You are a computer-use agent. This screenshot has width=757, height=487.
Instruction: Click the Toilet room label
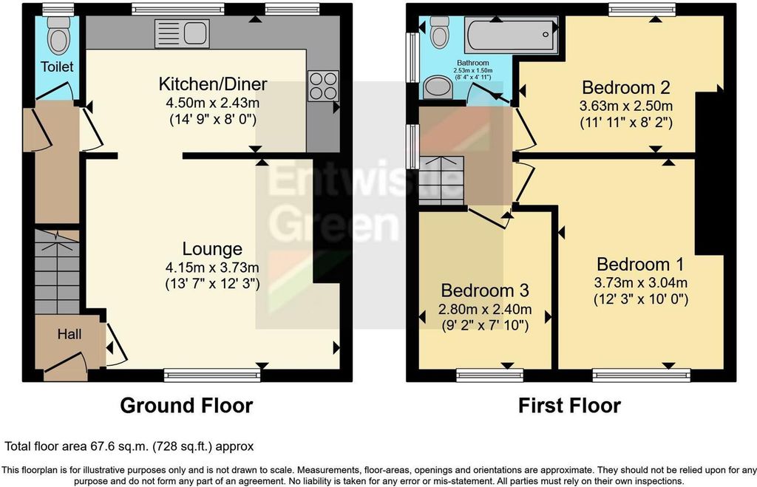click(x=57, y=67)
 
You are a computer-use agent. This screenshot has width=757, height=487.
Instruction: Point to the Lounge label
click(x=213, y=249)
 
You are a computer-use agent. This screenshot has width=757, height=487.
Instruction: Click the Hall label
click(x=69, y=334)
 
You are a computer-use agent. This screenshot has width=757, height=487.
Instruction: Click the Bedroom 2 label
click(x=625, y=87)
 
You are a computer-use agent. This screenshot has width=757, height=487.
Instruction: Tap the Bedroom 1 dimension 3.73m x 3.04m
click(x=640, y=282)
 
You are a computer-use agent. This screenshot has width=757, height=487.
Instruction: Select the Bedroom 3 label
click(x=484, y=290)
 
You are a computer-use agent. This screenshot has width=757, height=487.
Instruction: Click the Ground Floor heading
click(x=186, y=406)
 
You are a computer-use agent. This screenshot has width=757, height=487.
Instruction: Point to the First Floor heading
click(x=569, y=406)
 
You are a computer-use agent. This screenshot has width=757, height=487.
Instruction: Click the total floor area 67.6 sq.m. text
click(x=129, y=446)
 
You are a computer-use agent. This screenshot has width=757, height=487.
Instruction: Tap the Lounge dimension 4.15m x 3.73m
click(x=212, y=267)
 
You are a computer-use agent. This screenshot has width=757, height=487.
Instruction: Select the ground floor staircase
click(x=57, y=273)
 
